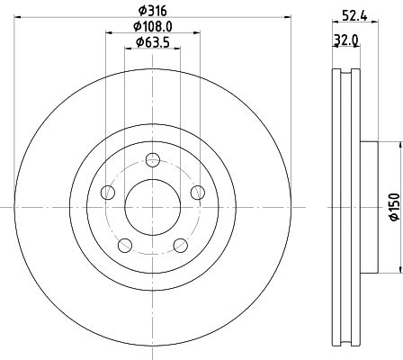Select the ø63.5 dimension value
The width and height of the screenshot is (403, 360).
click(150, 42)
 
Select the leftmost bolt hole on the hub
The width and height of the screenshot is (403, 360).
click(109, 192)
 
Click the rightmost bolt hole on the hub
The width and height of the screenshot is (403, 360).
click(197, 192)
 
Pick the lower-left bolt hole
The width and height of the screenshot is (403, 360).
click(126, 244)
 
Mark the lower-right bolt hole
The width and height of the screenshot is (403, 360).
click(180, 244)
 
